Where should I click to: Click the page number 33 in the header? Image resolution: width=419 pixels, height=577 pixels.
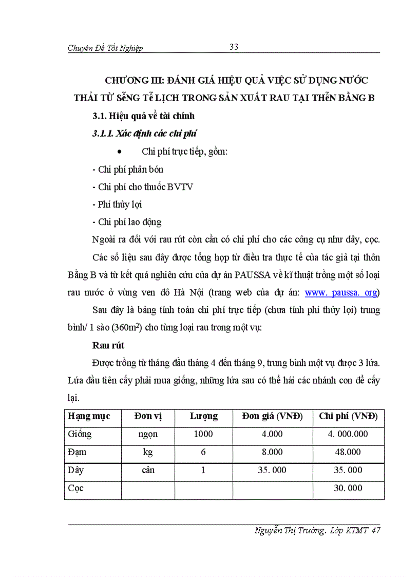pyautogui.click(x=234, y=47)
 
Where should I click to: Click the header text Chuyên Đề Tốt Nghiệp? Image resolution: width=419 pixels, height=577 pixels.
pyautogui.click(x=105, y=48)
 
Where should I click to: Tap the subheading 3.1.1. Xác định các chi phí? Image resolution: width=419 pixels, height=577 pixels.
pyautogui.click(x=145, y=134)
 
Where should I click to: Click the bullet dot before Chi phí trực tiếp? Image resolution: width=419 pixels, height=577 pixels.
pyautogui.click(x=119, y=152)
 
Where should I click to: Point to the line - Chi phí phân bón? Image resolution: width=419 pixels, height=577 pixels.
pyautogui.click(x=127, y=169)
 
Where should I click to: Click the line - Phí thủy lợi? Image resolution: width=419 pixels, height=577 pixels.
pyautogui.click(x=117, y=204)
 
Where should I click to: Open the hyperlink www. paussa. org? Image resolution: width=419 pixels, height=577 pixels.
pyautogui.click(x=341, y=292)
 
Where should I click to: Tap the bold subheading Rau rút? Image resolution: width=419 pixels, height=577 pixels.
pyautogui.click(x=108, y=345)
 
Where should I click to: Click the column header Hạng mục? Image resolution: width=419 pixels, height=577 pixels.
pyautogui.click(x=89, y=416)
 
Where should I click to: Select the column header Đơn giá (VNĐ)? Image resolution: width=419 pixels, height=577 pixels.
pyautogui.click(x=272, y=416)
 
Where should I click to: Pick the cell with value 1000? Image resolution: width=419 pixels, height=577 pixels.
pyautogui.click(x=203, y=434)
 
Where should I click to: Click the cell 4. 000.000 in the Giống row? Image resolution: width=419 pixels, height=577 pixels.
pyautogui.click(x=348, y=434)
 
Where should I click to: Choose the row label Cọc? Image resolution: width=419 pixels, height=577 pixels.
pyautogui.click(x=75, y=488)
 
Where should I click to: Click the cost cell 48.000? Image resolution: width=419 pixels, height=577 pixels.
pyautogui.click(x=348, y=452)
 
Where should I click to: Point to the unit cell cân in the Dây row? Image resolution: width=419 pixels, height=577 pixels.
pyautogui.click(x=148, y=470)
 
